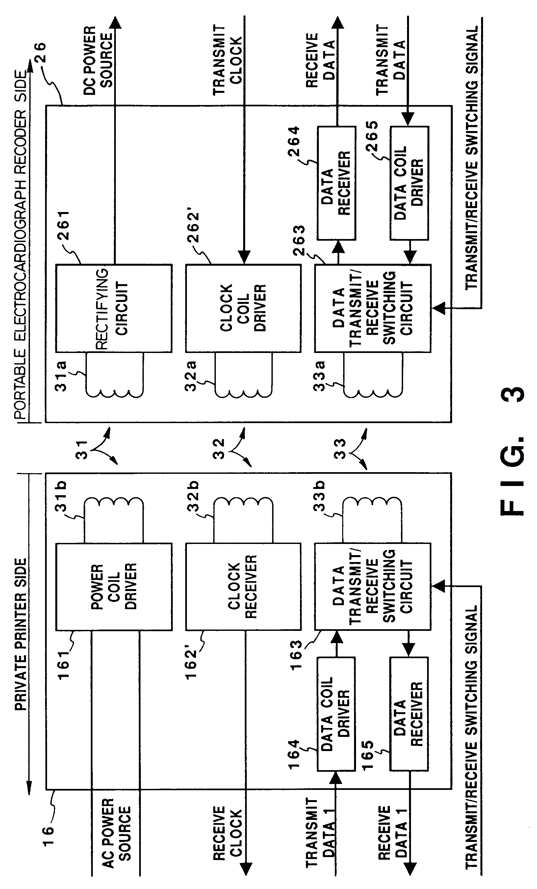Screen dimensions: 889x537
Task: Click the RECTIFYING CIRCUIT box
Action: click(x=114, y=308)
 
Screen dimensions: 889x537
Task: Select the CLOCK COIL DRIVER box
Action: click(x=243, y=308)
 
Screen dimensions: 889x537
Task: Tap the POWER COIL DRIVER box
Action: click(x=114, y=587)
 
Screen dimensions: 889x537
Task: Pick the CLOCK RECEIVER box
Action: click(x=243, y=587)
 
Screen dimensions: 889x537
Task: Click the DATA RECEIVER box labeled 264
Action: click(x=336, y=183)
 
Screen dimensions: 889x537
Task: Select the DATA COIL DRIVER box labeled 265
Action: click(x=409, y=183)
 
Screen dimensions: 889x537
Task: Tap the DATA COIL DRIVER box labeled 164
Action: click(x=336, y=714)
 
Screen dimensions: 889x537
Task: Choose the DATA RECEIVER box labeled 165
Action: click(x=409, y=714)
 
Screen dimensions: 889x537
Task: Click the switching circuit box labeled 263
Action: click(x=372, y=308)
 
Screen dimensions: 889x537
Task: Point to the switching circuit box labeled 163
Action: click(x=372, y=587)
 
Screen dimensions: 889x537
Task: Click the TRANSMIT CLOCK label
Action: click(x=227, y=60)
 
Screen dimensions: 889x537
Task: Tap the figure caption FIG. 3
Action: click(x=512, y=451)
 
